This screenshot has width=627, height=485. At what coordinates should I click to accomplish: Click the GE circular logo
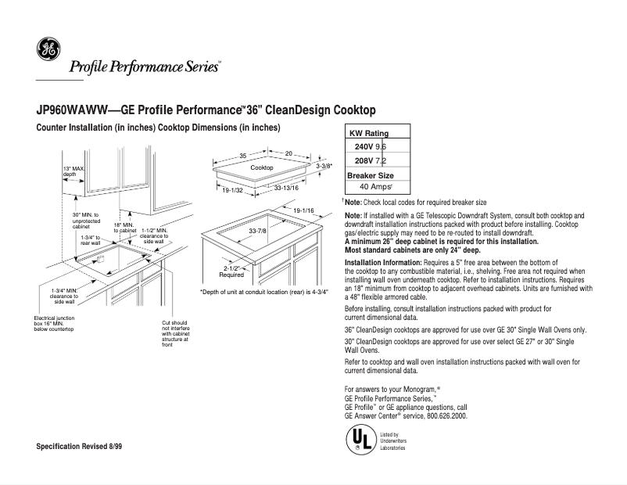click(48, 50)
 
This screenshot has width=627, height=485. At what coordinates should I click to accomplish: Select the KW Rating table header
click(367, 134)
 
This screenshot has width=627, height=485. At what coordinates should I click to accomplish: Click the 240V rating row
click(370, 147)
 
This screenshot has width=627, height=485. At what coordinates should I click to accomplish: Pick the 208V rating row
click(370, 160)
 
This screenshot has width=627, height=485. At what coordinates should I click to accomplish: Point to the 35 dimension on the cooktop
click(243, 155)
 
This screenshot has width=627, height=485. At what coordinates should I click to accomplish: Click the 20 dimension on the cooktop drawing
click(288, 153)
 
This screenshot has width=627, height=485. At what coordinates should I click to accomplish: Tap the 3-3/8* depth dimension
click(324, 167)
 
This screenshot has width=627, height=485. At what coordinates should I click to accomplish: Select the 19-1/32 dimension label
click(233, 190)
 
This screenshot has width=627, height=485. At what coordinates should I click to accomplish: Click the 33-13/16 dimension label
click(285, 189)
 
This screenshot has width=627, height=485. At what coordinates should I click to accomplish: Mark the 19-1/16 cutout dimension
click(303, 211)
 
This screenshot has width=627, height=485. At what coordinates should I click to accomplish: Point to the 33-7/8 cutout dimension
click(258, 232)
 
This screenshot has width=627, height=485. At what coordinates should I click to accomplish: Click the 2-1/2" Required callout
click(231, 271)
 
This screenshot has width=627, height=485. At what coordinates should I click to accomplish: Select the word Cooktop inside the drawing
click(261, 168)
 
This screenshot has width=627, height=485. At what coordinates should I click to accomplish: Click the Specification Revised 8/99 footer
click(80, 445)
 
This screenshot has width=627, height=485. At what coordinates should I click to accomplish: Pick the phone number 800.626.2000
click(447, 416)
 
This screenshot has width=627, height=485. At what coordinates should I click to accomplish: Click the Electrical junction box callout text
click(54, 324)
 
